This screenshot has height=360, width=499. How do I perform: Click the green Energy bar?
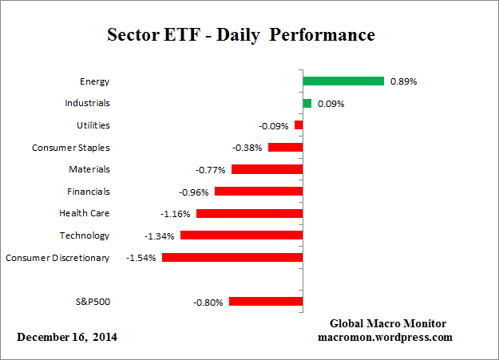click(343, 81)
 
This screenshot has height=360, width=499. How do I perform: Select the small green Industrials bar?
click(307, 103)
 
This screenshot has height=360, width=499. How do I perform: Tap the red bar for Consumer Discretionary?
click(232, 257)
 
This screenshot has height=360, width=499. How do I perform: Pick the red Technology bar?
click(241, 235)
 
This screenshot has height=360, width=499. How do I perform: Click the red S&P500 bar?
click(266, 301)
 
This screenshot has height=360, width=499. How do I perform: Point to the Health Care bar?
click(249, 213)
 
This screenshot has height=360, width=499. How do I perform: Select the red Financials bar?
click(259, 191)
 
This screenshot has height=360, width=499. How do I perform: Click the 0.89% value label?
click(404, 81)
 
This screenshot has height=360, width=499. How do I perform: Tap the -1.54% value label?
click(142, 258)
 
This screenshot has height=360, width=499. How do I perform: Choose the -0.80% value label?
click(209, 302)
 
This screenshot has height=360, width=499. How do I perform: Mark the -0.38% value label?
click(248, 148)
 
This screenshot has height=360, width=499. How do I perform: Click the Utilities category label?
click(93, 125)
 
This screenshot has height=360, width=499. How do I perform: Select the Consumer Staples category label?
click(71, 148)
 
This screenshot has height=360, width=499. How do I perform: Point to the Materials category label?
click(89, 169)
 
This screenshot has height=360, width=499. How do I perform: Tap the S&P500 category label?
click(91, 301)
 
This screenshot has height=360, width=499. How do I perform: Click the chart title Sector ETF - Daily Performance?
click(240, 36)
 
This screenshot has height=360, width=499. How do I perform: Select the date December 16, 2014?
click(67, 337)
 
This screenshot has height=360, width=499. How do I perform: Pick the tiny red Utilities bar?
click(299, 125)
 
